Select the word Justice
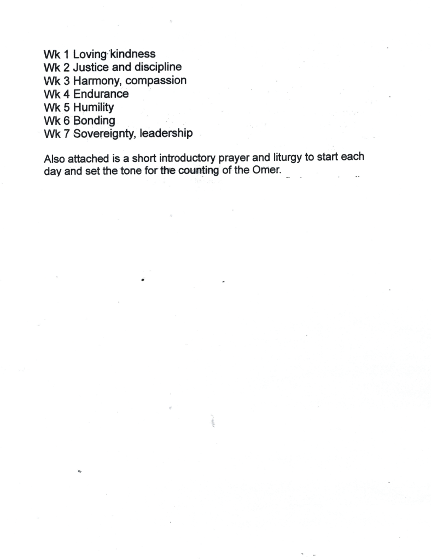click(90, 67)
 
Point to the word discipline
click(155, 67)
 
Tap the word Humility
click(93, 107)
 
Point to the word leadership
click(166, 133)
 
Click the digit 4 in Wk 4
click(67, 94)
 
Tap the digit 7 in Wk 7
click(67, 133)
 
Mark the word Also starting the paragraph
click(54, 161)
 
